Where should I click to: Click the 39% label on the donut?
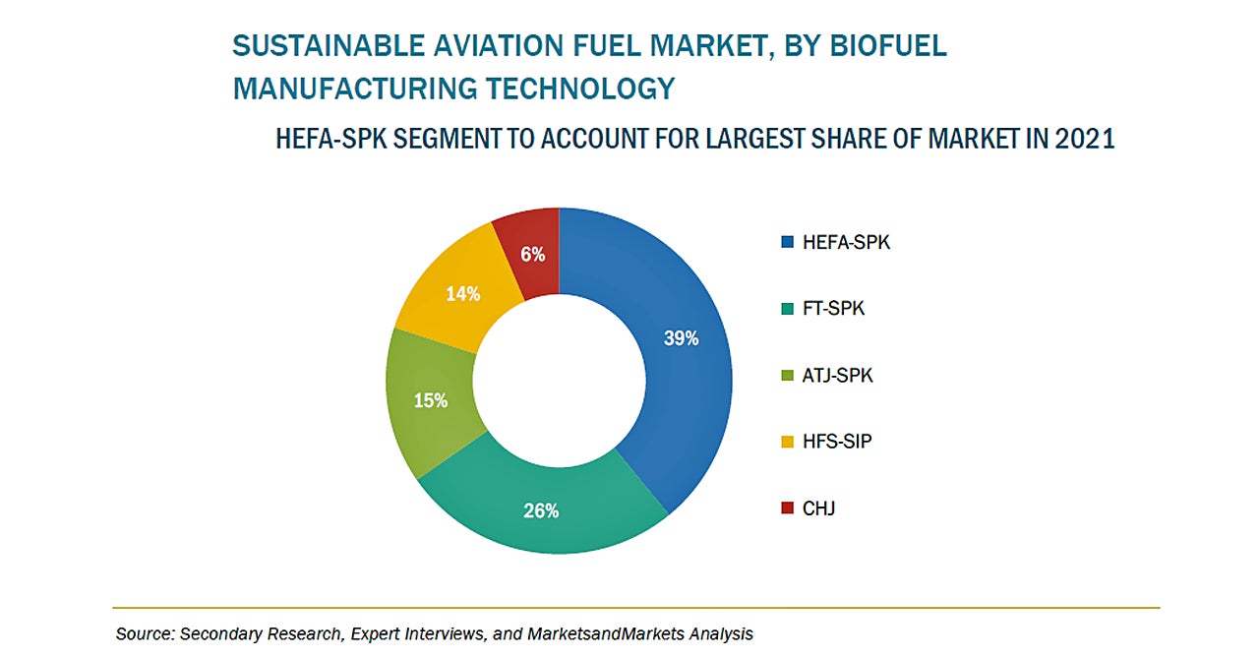click(x=681, y=338)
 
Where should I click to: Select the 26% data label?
click(x=541, y=510)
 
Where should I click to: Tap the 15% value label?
click(x=431, y=400)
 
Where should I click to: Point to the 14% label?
click(x=462, y=293)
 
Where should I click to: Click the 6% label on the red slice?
click(x=533, y=254)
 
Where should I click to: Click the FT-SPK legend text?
click(x=833, y=309)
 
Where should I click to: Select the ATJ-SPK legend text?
click(x=837, y=376)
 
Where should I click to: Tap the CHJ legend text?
click(x=818, y=509)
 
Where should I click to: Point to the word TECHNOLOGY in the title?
click(x=579, y=88)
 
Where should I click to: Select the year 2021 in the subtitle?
click(x=1084, y=139)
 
